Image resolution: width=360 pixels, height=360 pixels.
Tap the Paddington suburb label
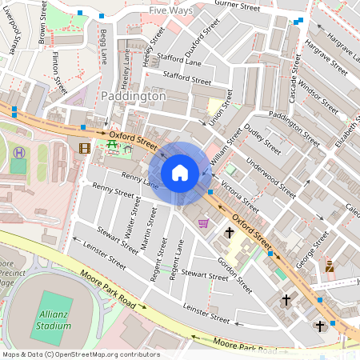pyautogui.click(x=134, y=95)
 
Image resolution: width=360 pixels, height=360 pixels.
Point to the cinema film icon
pyautogui.click(x=85, y=147)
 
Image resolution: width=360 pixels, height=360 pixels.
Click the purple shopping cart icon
pyautogui.click(x=203, y=223)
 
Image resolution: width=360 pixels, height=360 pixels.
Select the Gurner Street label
pyautogui.click(x=238, y=6)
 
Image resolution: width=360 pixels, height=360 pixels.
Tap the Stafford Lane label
pyautogui.click(x=182, y=62)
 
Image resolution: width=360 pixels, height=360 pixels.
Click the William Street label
pyautogui.click(x=225, y=150)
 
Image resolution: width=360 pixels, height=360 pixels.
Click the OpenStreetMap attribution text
pyautogui.click(x=81, y=354)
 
